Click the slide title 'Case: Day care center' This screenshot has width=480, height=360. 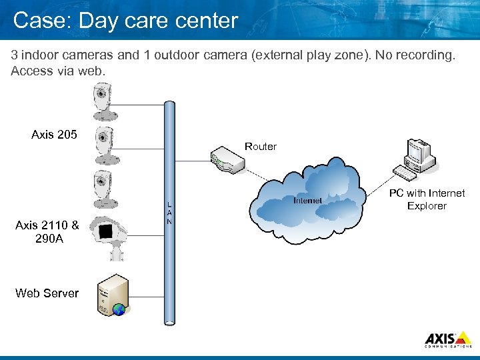point(125,21)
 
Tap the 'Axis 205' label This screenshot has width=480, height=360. point(54,135)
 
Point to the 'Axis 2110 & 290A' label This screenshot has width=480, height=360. point(47,232)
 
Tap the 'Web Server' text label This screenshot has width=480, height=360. point(47,293)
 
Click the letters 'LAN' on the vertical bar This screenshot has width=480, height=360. point(169,213)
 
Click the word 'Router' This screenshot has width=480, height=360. point(260,147)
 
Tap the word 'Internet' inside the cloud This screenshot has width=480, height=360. point(307,200)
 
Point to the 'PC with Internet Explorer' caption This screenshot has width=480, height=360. point(427,199)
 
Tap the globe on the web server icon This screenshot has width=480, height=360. point(119,309)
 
